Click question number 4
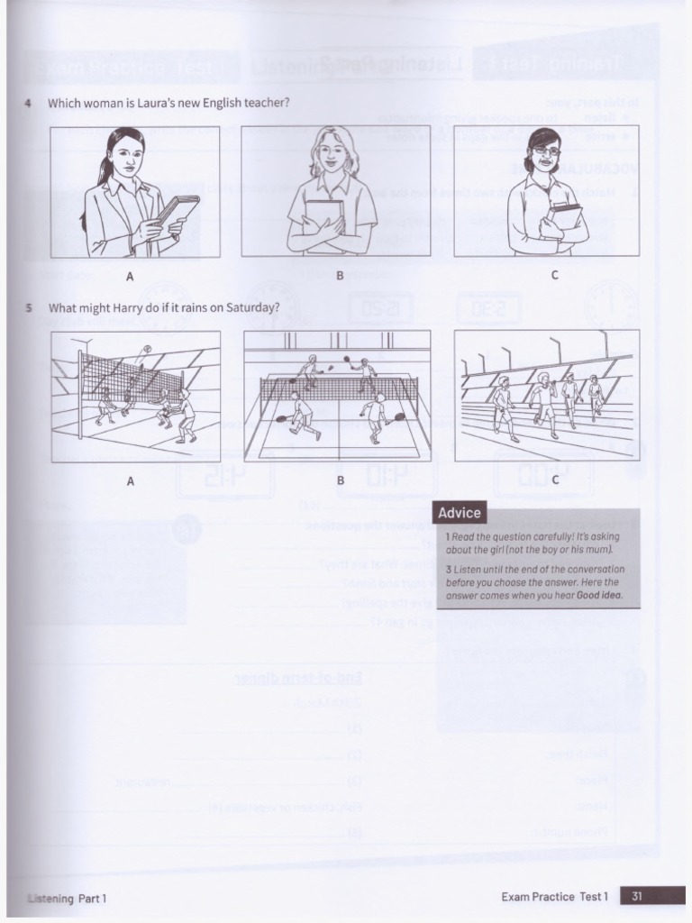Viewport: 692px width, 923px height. (29, 103)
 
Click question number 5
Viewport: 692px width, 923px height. (29, 307)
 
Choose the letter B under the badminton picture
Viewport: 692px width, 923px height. (341, 480)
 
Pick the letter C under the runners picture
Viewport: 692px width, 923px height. (555, 480)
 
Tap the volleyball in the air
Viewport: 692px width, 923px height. (145, 349)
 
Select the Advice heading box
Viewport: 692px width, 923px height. (460, 513)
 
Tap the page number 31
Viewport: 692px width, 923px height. (637, 896)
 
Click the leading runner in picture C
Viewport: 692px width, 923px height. (504, 406)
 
